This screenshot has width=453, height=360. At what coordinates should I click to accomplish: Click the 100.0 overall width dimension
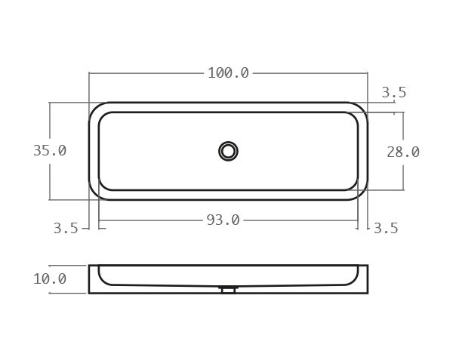click(x=228, y=73)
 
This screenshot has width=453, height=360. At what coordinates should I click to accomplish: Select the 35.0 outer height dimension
click(x=50, y=151)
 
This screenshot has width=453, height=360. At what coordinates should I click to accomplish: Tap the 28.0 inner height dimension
click(x=403, y=152)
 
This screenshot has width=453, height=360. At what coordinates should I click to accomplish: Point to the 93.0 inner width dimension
click(x=223, y=220)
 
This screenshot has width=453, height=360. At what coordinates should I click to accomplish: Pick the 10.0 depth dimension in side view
click(x=50, y=279)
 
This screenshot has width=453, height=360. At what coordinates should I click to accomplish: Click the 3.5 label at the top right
click(x=393, y=93)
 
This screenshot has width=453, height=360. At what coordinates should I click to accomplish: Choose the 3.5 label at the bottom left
click(x=66, y=228)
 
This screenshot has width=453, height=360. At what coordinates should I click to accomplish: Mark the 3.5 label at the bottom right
click(x=386, y=228)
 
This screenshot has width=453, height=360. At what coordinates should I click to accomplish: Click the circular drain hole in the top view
click(x=228, y=151)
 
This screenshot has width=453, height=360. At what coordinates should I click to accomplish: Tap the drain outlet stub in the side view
click(x=228, y=289)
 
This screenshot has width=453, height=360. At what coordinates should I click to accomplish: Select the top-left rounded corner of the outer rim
click(x=96, y=109)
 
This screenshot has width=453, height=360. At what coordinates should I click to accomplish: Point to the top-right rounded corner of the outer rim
click(x=361, y=109)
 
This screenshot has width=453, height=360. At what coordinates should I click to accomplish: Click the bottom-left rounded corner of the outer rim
click(x=96, y=193)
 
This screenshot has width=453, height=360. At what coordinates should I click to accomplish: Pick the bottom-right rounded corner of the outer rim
click(x=361, y=193)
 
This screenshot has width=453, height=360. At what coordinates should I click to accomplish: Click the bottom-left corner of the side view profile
click(x=89, y=293)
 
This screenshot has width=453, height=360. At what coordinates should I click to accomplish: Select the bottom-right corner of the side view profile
click(x=368, y=293)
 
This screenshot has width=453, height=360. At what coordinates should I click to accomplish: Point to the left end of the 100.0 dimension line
click(x=89, y=73)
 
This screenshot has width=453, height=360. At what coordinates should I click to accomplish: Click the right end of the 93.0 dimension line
click(x=358, y=220)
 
